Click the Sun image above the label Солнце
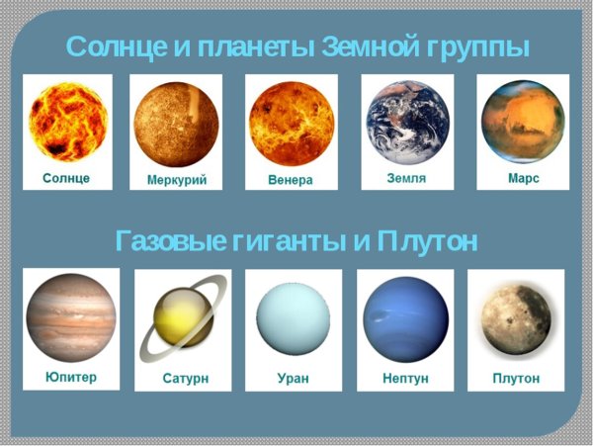(x=66, y=122)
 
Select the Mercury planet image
(x=176, y=123)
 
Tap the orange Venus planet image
(x=291, y=123)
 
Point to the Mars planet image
(x=523, y=121)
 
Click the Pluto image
(x=515, y=321)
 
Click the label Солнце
(x=66, y=178)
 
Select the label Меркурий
(x=177, y=181)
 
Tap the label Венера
(x=291, y=180)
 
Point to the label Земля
(x=407, y=178)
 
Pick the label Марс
(x=523, y=179)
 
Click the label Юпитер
(x=71, y=377)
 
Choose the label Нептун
(x=404, y=379)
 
